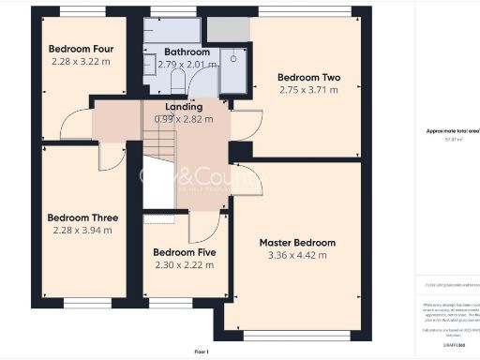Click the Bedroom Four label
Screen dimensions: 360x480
(x=82, y=50)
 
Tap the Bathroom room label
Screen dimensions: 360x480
(x=186, y=52)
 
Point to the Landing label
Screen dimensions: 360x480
(x=183, y=108)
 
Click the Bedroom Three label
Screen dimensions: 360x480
(x=82, y=217)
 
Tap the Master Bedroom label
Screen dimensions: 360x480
(x=297, y=243)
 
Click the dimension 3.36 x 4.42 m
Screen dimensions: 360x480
(x=297, y=255)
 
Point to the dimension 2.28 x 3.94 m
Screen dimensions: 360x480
(x=82, y=230)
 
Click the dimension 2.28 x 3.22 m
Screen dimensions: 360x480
(x=82, y=62)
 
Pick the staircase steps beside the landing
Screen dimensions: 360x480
(x=159, y=143)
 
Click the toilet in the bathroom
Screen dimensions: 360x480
(x=151, y=66)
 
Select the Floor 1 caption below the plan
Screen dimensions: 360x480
(x=201, y=351)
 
